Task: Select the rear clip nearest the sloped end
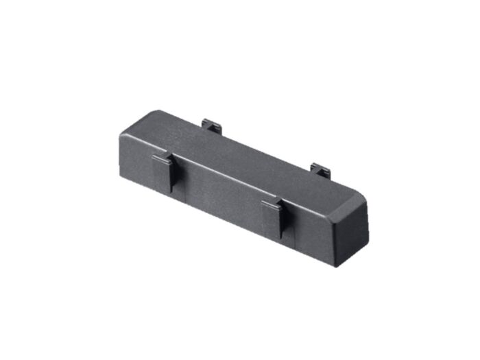(321, 169)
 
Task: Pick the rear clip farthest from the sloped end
(212, 126)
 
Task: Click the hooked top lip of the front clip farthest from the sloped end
(162, 159)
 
